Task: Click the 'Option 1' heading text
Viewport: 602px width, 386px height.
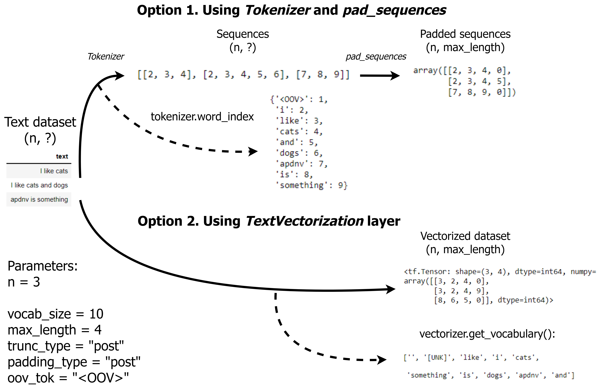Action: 291,10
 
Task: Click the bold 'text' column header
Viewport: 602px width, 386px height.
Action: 62,156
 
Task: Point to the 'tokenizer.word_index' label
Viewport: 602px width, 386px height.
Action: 202,117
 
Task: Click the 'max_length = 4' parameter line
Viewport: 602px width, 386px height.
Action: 54,330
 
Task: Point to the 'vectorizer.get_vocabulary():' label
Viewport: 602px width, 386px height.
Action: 487,334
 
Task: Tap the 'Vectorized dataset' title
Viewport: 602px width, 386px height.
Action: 465,236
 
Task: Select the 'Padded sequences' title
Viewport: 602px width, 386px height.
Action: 465,34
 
